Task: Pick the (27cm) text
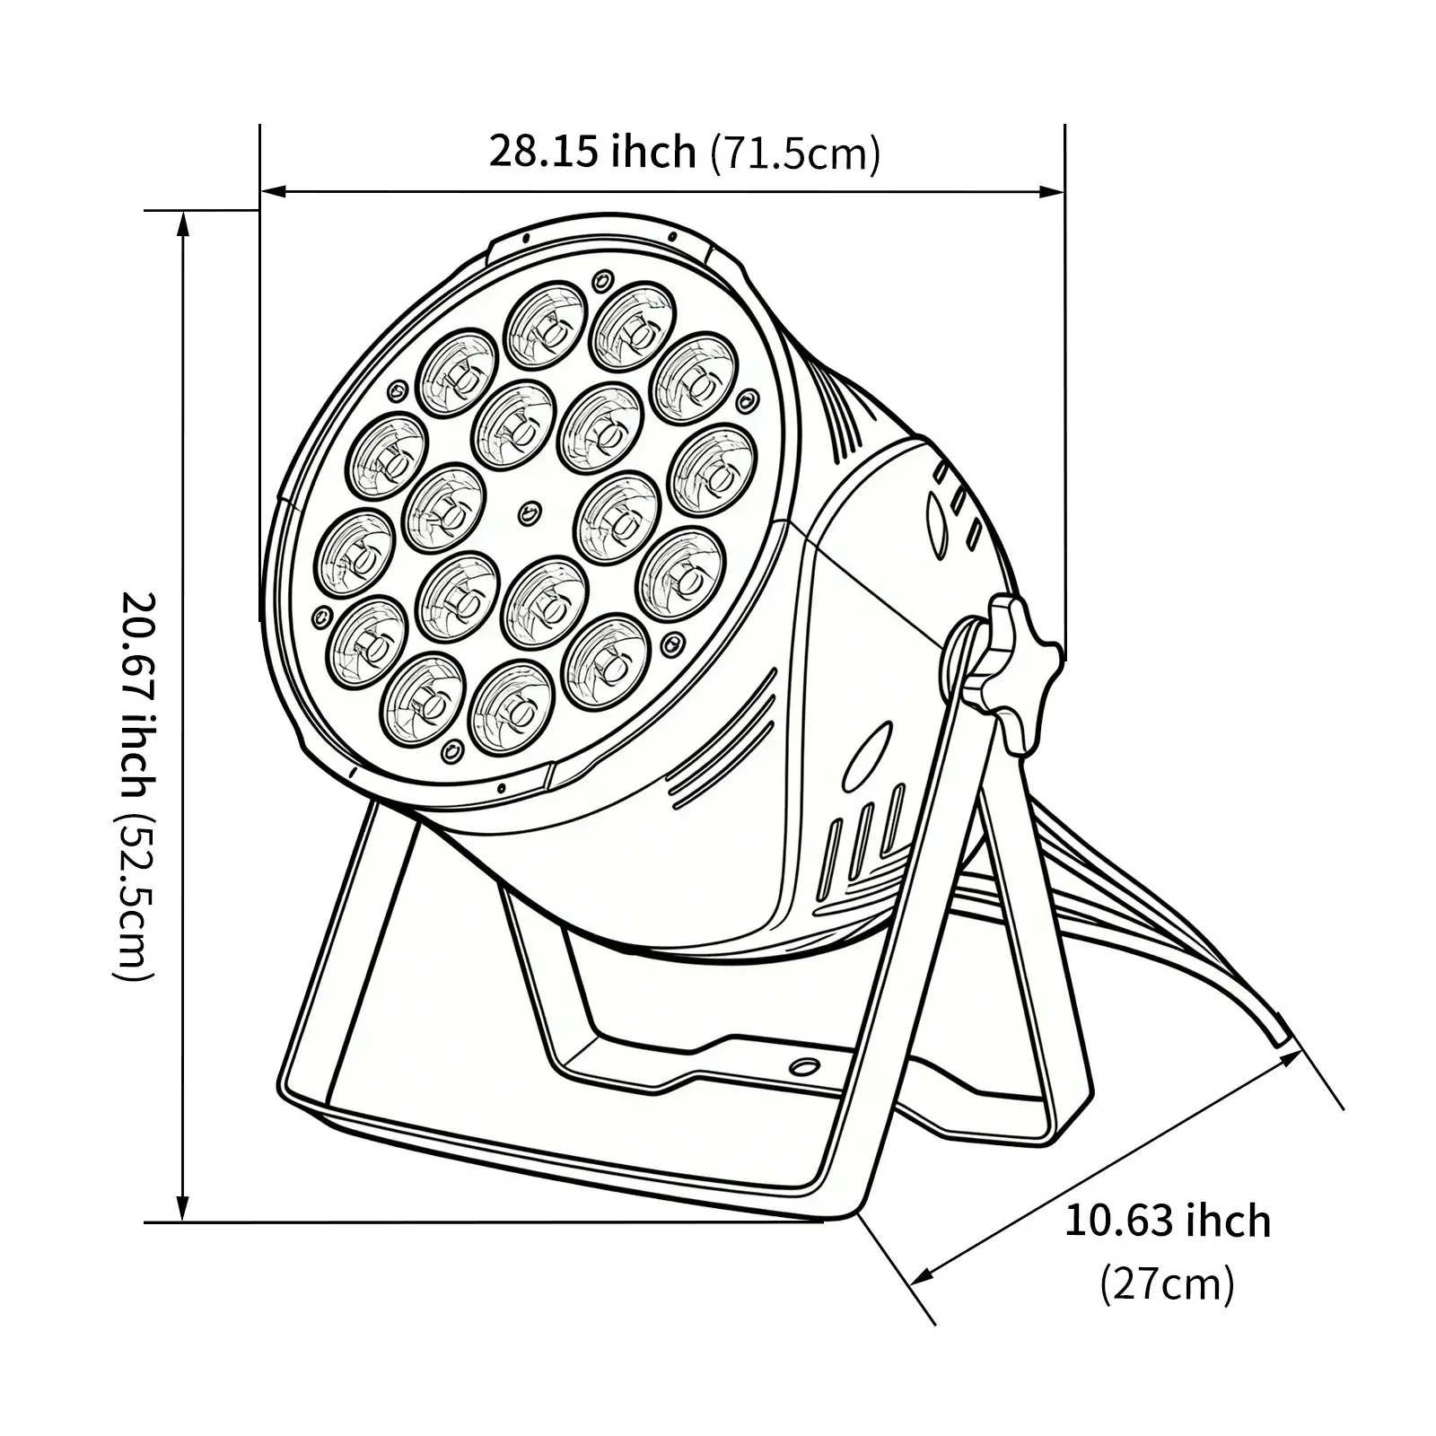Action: click(1168, 1283)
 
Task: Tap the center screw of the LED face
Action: click(530, 513)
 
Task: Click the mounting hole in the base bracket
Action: click(805, 1066)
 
